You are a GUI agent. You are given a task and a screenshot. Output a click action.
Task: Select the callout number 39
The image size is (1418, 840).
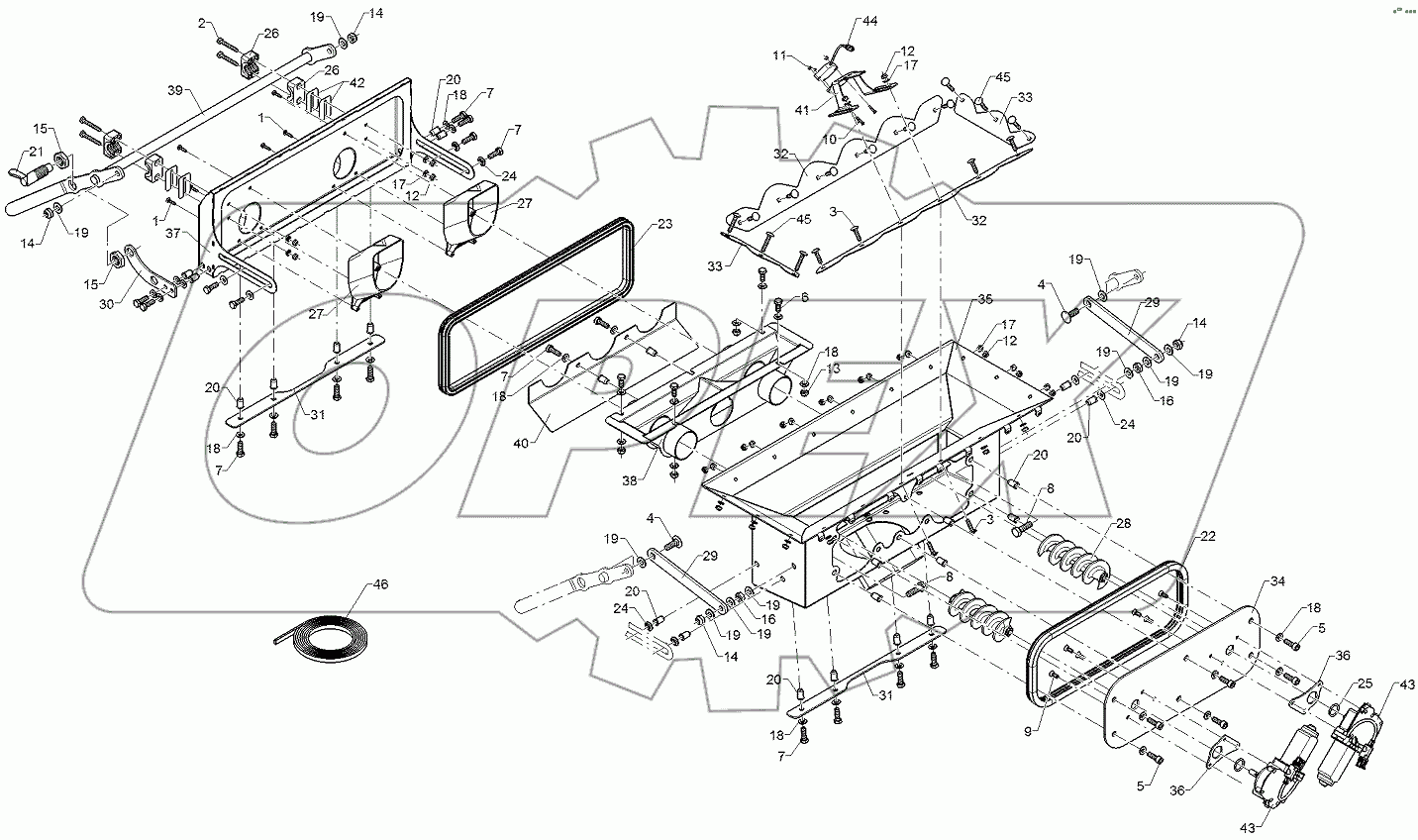pyautogui.click(x=175, y=89)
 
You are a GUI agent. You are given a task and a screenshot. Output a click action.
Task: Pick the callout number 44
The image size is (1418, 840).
pyautogui.click(x=869, y=21)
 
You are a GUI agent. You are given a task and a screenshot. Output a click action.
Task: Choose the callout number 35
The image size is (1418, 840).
pyautogui.click(x=984, y=298)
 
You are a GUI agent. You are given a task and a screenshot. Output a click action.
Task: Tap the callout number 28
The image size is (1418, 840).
pyautogui.click(x=1123, y=522)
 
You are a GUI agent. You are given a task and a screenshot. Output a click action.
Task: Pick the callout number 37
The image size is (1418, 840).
pyautogui.click(x=173, y=234)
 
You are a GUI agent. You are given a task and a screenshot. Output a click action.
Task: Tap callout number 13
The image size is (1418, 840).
pyautogui.click(x=836, y=367)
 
